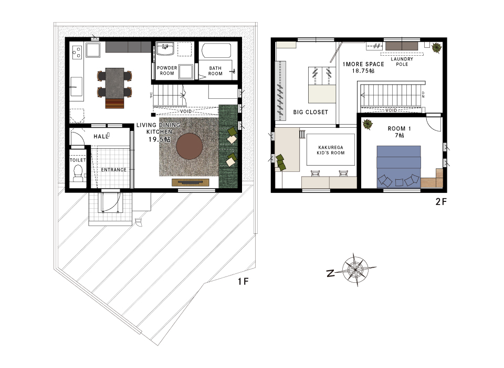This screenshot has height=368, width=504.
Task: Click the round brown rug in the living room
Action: tap(190, 147)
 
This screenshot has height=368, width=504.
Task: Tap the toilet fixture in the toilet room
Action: tap(78, 173)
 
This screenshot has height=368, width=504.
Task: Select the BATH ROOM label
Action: tap(215, 71)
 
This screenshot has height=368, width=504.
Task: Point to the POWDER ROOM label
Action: tap(167, 70)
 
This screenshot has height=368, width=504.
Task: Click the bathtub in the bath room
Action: tap(216, 50)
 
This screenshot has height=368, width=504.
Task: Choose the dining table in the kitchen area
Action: tap(114, 83)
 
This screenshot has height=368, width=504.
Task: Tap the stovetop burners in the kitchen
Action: tap(77, 53)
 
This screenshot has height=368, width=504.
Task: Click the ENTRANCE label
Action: tap(114, 170)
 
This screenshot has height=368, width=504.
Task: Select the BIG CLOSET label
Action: tap(310, 112)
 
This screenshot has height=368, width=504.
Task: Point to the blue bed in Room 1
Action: tap(398, 167)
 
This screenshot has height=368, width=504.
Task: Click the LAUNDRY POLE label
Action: tap(402, 62)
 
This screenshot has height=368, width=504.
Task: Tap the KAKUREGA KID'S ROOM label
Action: tap(331, 150)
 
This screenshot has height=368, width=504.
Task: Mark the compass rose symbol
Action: tap(355, 269)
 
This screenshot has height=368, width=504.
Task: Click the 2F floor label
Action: tap(441, 201)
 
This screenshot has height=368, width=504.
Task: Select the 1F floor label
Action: tap(243, 282)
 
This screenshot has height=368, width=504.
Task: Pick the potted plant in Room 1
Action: tap(367, 124)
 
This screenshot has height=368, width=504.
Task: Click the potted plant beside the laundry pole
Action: tap(437, 48)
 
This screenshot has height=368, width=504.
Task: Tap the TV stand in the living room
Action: tap(191, 182)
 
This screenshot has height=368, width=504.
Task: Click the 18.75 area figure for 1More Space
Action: tap(363, 71)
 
